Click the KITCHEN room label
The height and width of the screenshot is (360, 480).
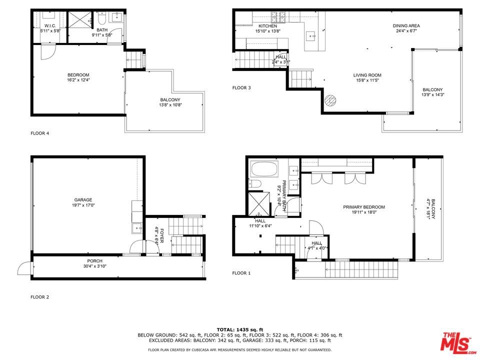pyautogui.click(x=267, y=26)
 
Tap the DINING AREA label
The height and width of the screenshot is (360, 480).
pyautogui.click(x=406, y=25)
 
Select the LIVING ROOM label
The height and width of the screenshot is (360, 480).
pyautogui.click(x=367, y=75)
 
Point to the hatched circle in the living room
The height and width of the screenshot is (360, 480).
pyautogui.click(x=330, y=100)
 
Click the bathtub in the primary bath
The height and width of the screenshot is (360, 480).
pyautogui.click(x=264, y=169)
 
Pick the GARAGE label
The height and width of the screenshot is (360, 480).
pyautogui.click(x=83, y=200)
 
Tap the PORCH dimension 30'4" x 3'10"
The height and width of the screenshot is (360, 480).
pyautogui.click(x=94, y=266)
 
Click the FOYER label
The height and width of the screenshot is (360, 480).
pyautogui.click(x=161, y=235)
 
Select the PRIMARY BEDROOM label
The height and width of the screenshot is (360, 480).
pyautogui.click(x=364, y=207)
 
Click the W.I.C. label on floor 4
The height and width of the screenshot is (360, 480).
pyautogui.click(x=50, y=25)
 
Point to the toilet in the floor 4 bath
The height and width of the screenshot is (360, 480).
pyautogui.click(x=101, y=18)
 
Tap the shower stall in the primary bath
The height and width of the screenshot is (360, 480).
pyautogui.click(x=259, y=204)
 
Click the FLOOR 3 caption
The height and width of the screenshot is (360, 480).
pyautogui.click(x=241, y=88)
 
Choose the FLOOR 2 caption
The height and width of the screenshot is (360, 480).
pyautogui.click(x=40, y=297)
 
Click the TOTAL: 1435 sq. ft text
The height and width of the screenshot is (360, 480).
pyautogui.click(x=240, y=329)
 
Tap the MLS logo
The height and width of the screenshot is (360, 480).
pyautogui.click(x=457, y=342)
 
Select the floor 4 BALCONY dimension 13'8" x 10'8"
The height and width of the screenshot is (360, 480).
pyautogui.click(x=170, y=105)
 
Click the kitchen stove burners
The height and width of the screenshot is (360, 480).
pyautogui.click(x=278, y=16)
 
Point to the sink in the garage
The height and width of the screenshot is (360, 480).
pyautogui.click(x=137, y=228)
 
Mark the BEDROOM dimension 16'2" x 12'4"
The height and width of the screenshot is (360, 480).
pyautogui.click(x=78, y=80)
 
